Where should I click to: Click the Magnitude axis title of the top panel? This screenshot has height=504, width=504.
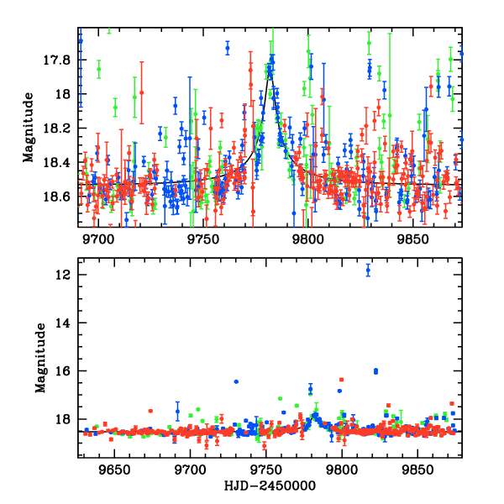point(29,128)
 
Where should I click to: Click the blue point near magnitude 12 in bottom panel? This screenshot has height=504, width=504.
point(368,270)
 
